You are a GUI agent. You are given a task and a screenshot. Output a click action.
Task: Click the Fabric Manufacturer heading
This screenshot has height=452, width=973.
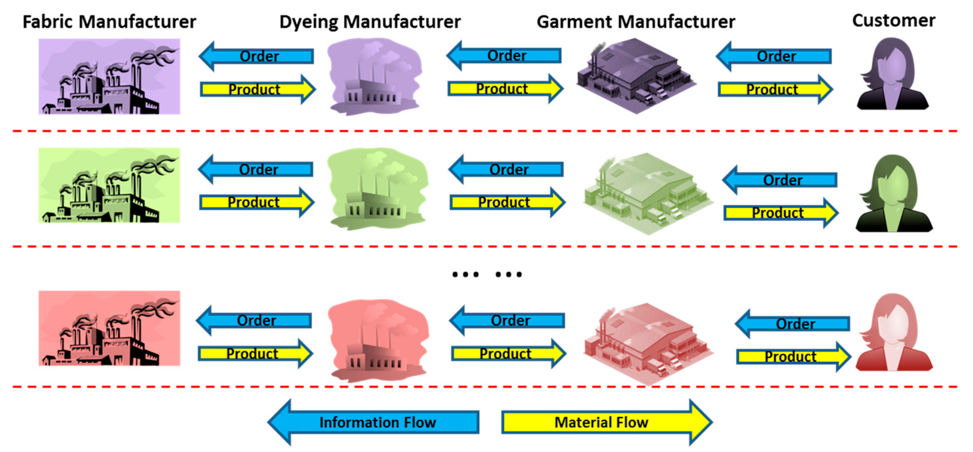(109, 22)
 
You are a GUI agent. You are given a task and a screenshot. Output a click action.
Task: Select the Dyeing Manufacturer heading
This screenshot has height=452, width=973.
(370, 22)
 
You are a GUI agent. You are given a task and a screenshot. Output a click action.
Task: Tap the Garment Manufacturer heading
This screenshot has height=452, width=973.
(636, 22)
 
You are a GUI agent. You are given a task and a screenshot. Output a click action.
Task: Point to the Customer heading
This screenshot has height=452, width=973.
(894, 21)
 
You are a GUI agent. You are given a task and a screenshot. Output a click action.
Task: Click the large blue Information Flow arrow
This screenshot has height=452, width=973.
(374, 422)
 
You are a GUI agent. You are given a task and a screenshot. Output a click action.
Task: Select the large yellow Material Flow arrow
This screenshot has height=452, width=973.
(606, 422)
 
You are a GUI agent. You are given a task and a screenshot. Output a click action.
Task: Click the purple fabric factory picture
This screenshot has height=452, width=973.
(109, 76)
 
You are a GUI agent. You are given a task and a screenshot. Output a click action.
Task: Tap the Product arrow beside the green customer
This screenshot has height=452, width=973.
(780, 213)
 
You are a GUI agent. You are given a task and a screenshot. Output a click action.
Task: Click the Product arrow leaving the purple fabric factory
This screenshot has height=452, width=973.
(257, 90)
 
